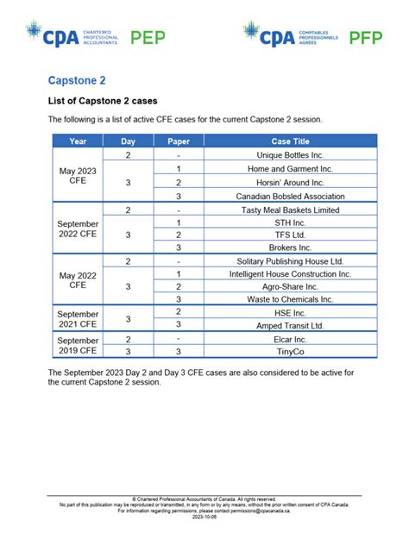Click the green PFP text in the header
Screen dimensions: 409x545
point(366,37)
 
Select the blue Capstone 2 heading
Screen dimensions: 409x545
point(77,80)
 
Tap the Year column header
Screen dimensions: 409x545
point(78,141)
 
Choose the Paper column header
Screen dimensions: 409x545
point(178,141)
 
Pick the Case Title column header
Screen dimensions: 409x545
point(290,141)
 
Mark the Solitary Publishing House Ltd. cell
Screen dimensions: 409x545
point(290,260)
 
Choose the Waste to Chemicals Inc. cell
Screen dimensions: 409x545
point(290,298)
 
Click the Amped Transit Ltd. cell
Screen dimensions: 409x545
point(290,325)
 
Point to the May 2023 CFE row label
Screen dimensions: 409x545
point(78,176)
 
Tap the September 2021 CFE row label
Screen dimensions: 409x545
point(78,318)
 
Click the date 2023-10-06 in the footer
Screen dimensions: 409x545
point(204,518)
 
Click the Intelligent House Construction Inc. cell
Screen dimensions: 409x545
point(290,273)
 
